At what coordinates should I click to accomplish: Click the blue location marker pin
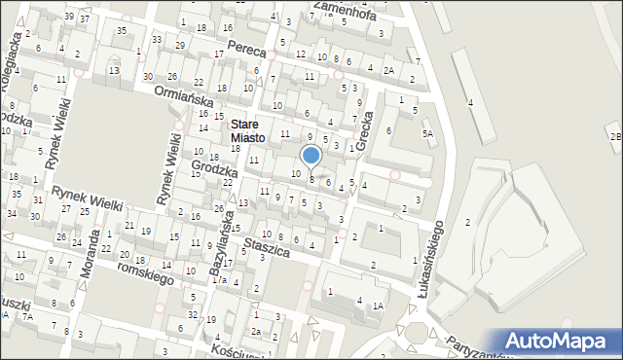click(x=311, y=156)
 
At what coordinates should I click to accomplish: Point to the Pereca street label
click(x=246, y=46)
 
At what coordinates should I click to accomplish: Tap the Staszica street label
click(x=268, y=248)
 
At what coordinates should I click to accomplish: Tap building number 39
click(x=68, y=17)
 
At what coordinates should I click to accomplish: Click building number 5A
click(x=426, y=133)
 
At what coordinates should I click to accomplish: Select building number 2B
click(x=614, y=136)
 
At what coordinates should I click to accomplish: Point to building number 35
click(x=121, y=31)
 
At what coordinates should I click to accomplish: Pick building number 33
click(x=157, y=40)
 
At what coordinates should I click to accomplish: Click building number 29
click(x=180, y=46)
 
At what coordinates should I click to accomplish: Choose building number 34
click(x=13, y=213)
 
